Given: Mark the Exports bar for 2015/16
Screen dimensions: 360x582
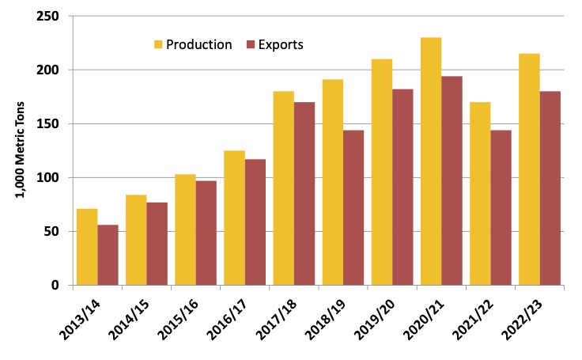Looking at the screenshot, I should point(206,233).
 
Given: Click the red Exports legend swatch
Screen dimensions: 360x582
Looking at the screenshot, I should point(254,44).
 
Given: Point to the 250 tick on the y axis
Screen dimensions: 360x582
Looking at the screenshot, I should point(53,16).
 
